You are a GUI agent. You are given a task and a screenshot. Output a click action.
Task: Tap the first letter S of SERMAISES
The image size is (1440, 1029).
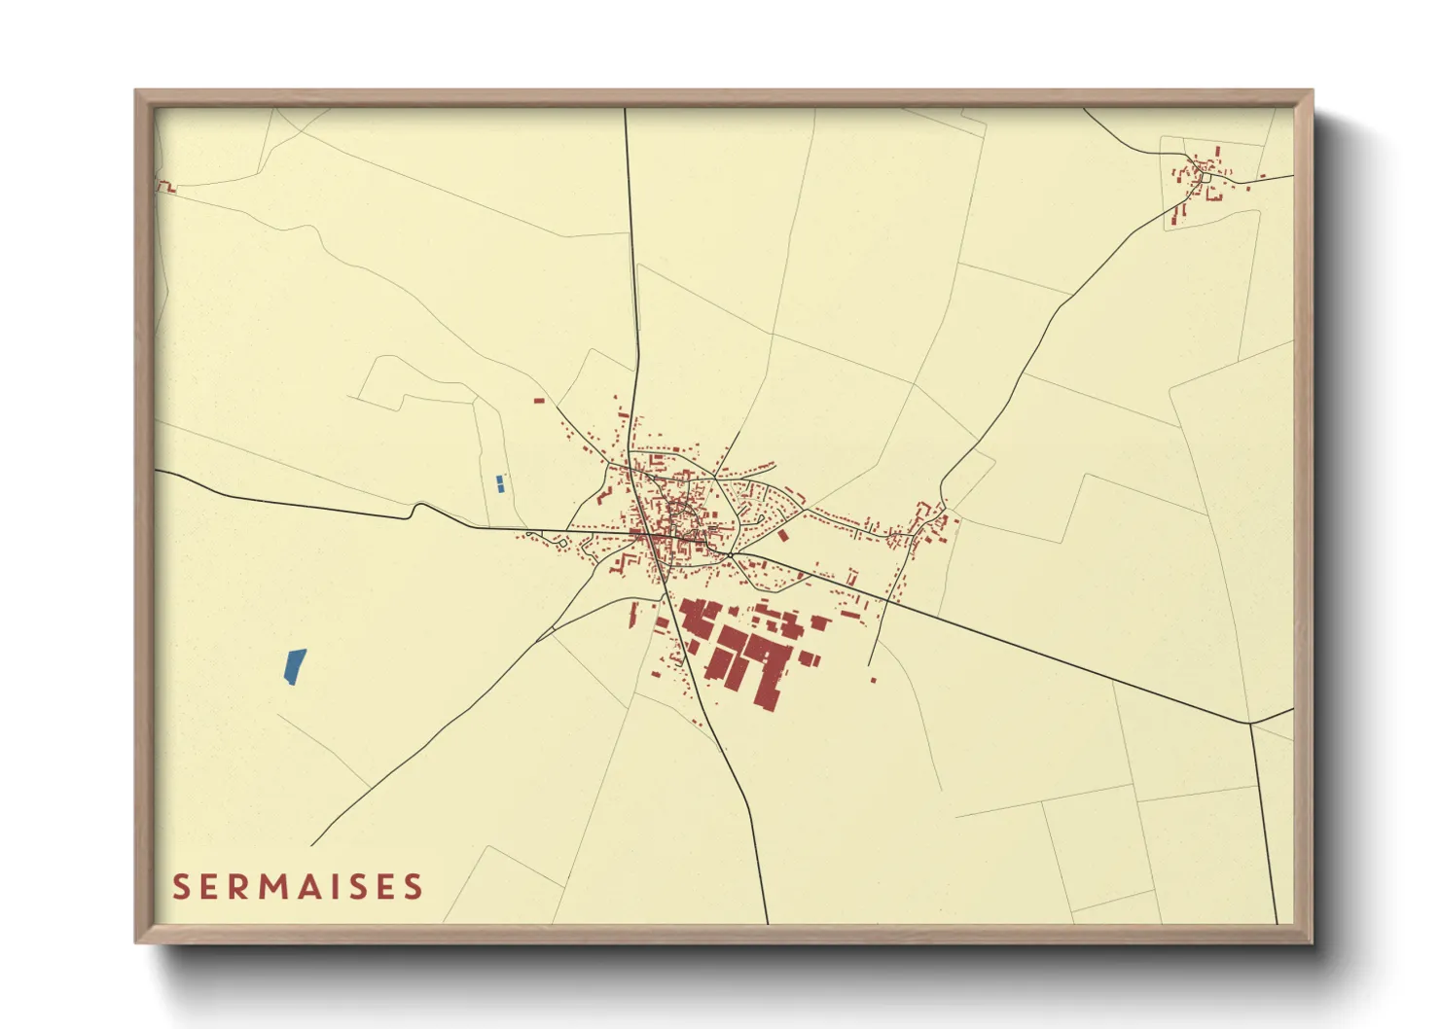181,887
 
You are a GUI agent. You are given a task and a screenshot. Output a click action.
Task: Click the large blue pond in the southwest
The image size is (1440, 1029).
295,665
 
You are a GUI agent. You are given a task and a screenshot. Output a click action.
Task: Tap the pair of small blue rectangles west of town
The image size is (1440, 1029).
500,483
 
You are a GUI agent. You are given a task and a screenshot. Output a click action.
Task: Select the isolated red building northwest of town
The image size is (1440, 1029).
538,400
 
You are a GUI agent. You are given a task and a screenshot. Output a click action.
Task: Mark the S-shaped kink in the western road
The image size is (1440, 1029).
417,509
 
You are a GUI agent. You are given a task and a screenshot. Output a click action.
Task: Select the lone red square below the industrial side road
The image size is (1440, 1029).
873,680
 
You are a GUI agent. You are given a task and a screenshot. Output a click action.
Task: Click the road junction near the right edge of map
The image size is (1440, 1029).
1249,724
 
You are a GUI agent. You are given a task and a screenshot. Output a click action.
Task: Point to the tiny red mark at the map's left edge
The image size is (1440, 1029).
167,187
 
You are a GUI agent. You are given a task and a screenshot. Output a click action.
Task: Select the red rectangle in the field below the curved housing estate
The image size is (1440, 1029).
782,535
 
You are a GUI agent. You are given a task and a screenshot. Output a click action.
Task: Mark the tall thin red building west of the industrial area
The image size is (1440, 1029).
633,614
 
